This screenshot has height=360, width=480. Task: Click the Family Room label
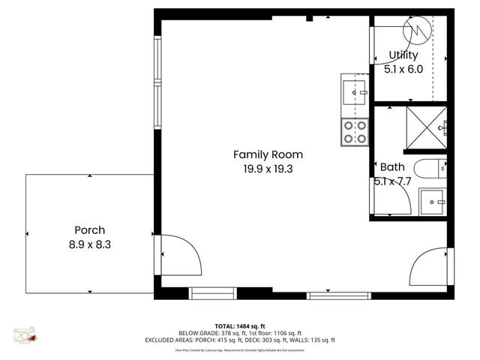(268, 154)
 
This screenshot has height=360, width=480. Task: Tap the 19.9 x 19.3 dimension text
(268, 169)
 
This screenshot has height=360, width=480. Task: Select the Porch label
(89, 230)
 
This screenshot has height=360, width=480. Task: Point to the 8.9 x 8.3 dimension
(89, 244)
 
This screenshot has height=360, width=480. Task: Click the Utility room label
(403, 55)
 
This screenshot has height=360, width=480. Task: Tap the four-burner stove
(354, 132)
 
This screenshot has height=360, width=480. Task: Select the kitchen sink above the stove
(354, 91)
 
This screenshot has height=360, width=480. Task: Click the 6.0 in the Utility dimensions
(415, 69)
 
